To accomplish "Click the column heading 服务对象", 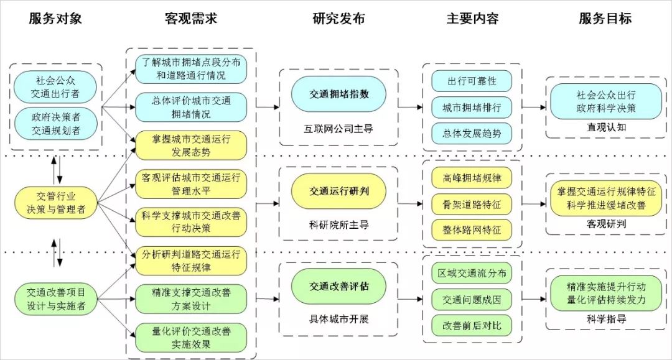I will coord(55,18).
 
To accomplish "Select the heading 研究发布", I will coord(338,18).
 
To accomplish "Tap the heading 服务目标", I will coord(605,18).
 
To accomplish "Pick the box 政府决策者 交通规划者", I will coord(56,123).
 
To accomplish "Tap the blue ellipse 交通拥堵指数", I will coord(339,95).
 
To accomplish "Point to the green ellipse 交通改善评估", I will coord(339,287).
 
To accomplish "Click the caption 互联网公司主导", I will coord(339,129).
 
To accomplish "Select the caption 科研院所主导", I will coord(339,224).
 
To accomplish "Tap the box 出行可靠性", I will coord(472,81).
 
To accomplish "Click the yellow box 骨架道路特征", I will coord(472,204).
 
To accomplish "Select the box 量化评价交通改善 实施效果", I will coord(190,337).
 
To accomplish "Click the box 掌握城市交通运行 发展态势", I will coord(190,145).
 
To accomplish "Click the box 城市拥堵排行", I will coord(472,107).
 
